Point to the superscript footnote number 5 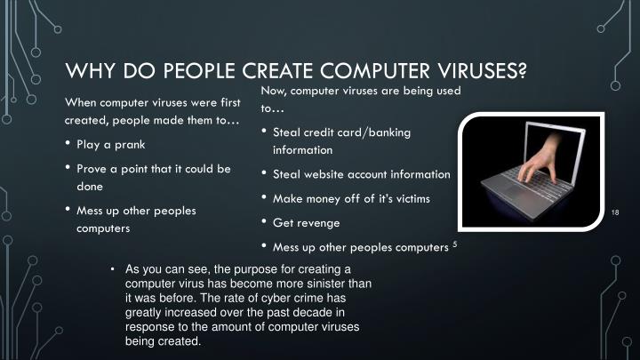[x=454, y=244]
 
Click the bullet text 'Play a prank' [x=110, y=144]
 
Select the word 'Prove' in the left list [x=94, y=168]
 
